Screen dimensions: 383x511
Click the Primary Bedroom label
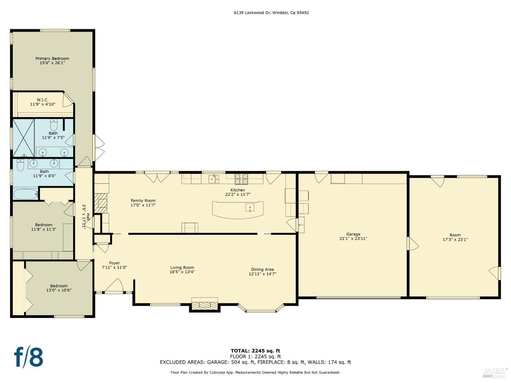click(x=52, y=59)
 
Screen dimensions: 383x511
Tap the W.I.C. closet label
click(x=43, y=100)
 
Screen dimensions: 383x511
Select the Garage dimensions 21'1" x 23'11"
click(x=353, y=239)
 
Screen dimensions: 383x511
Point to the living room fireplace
click(x=204, y=304)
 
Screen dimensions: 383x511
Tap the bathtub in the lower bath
click(x=26, y=194)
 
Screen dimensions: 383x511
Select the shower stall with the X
click(x=24, y=138)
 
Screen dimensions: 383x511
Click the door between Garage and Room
click(x=412, y=244)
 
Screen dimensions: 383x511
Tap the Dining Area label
click(x=262, y=269)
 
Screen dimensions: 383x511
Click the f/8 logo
click(x=29, y=357)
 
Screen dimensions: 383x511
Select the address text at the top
click(x=271, y=13)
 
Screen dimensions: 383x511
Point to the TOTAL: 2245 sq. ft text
click(x=255, y=351)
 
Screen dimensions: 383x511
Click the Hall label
click(x=88, y=217)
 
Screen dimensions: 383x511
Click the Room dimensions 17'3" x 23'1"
click(x=455, y=240)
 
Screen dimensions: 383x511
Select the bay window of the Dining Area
click(x=261, y=309)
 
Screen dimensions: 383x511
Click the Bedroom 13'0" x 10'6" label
click(x=59, y=288)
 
